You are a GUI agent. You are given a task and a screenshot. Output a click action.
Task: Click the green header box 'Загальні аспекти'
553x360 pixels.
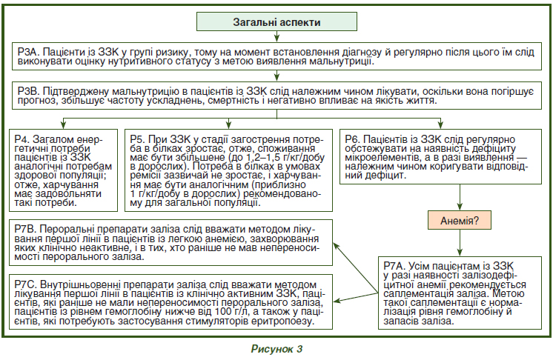(276, 21)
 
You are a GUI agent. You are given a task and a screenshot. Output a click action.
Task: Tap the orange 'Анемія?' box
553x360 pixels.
(459, 221)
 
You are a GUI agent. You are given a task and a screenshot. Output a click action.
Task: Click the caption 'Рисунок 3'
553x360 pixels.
(276, 349)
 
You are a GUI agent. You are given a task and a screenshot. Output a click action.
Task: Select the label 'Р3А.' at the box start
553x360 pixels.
(28, 52)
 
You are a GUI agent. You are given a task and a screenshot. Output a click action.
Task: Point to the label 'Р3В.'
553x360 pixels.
(28, 92)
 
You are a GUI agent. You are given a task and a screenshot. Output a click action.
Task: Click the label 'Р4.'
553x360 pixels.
(21, 139)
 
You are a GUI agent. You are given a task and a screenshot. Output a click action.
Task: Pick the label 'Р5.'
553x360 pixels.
(138, 139)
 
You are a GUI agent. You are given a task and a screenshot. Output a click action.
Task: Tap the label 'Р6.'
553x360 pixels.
(353, 139)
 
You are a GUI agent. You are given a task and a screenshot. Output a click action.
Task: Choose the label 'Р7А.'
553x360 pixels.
(395, 267)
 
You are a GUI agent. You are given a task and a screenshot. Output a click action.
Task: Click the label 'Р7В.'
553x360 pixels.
(25, 230)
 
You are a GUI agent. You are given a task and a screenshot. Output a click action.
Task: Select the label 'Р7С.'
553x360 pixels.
(26, 284)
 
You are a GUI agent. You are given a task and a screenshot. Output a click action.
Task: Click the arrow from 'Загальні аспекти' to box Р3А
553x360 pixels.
(276, 36)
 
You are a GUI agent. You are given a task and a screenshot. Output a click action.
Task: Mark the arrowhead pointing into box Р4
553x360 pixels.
(64, 124)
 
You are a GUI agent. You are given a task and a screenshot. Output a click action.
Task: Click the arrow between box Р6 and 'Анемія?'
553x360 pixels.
(460, 197)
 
